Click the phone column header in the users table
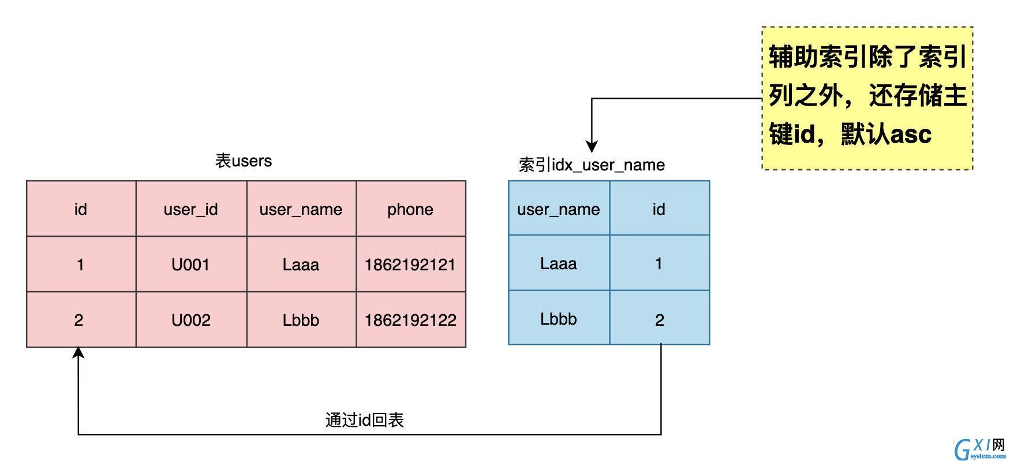410,209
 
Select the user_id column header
191,209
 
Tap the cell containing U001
191,265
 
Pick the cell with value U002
191,320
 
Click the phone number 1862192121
410,265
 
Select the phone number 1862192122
410,320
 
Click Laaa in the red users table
301,265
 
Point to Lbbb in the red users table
301,320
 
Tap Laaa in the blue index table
559,263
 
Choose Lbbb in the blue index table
559,319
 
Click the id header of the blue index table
659,209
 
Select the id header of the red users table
80,209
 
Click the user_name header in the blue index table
559,209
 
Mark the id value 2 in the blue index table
660,320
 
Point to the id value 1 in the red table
80,265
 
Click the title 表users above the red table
244,161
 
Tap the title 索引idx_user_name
592,165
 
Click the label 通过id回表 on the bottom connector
364,420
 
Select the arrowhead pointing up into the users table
78,352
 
